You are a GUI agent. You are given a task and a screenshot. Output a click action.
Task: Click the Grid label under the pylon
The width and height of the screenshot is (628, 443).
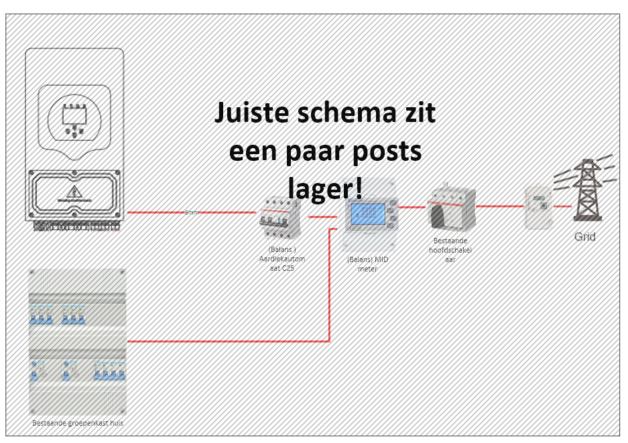click(584, 237)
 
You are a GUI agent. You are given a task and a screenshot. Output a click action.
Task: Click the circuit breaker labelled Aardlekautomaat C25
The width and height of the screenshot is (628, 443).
click(278, 217)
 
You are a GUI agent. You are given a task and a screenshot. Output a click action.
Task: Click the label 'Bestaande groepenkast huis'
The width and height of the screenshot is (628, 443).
click(78, 423)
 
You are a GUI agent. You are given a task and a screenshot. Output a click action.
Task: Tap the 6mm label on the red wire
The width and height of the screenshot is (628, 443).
click(192, 212)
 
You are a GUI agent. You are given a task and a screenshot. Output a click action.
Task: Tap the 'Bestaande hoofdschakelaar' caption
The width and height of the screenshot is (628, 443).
click(450, 249)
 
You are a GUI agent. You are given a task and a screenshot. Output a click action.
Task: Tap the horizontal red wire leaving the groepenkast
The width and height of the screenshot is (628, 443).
click(228, 341)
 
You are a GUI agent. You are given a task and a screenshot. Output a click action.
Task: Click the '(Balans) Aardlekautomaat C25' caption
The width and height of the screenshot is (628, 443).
click(277, 257)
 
